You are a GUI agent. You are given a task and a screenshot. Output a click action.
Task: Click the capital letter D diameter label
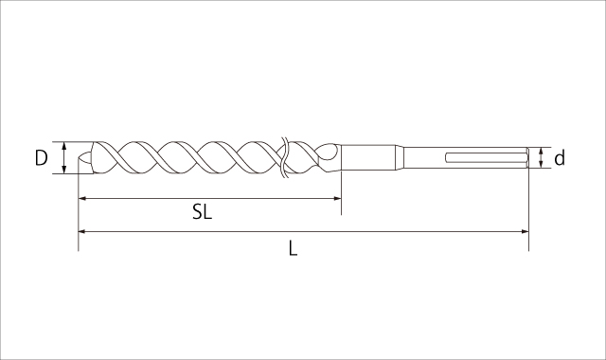point(41,158)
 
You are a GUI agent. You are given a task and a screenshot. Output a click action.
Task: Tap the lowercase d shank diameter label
point(560,159)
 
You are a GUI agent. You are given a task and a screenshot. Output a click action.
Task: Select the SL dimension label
point(202,213)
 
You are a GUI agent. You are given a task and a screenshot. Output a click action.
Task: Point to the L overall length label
point(294,248)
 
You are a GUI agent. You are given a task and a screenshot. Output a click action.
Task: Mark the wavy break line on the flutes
point(282,158)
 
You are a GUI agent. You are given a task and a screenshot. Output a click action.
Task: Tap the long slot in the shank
point(482,158)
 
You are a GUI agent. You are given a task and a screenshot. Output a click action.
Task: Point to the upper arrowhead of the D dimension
point(64,146)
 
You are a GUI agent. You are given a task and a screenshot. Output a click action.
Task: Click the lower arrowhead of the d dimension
point(541,167)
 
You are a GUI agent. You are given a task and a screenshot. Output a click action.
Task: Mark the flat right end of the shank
point(526,158)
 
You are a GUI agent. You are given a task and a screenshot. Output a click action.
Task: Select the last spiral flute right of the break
point(312,158)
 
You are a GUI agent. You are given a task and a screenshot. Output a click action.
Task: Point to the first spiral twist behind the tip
point(114,158)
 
